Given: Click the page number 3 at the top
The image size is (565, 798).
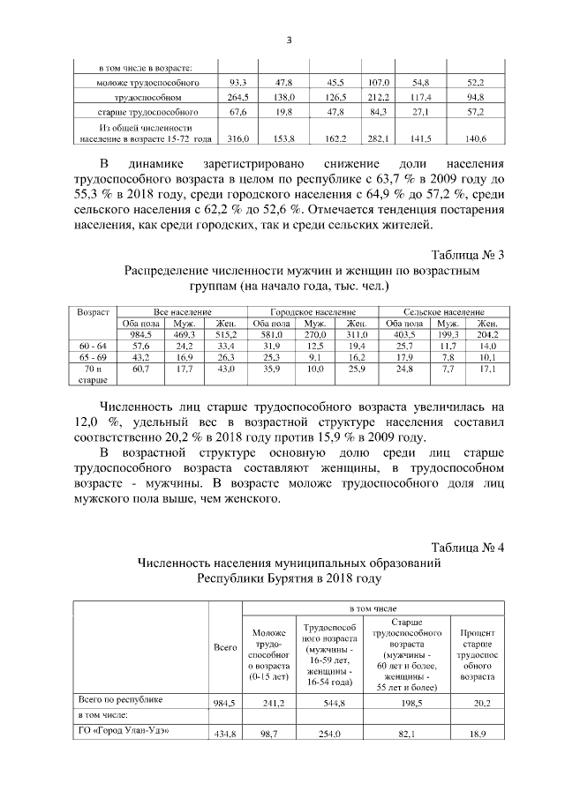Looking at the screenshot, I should click(289, 40).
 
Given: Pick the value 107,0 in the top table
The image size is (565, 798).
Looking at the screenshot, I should click(380, 81).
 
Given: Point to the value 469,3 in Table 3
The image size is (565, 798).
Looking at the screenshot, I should click(184, 334).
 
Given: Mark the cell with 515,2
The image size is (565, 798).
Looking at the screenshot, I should click(221, 334).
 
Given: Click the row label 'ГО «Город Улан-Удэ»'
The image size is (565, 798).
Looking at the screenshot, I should click(119, 730).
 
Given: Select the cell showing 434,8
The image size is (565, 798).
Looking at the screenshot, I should click(226, 735).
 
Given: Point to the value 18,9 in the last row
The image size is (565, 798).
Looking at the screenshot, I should click(478, 735).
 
